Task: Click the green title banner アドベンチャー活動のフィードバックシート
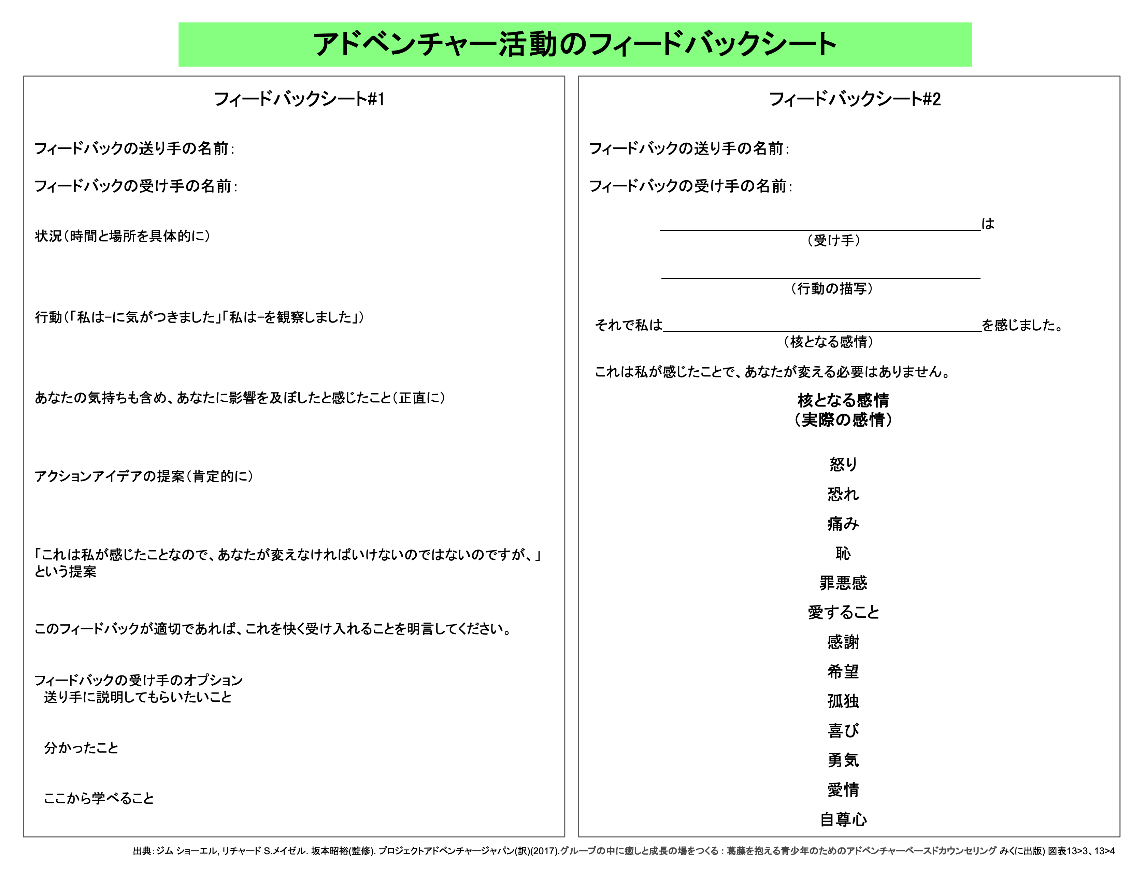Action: [574, 45]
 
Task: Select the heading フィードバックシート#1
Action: [299, 99]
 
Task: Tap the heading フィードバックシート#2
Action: [854, 99]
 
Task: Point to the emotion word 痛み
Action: [843, 524]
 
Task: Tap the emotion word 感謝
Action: [843, 642]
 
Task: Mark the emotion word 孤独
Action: [843, 701]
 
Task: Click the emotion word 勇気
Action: [843, 760]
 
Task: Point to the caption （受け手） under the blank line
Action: [833, 241]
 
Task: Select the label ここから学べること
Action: [99, 798]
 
